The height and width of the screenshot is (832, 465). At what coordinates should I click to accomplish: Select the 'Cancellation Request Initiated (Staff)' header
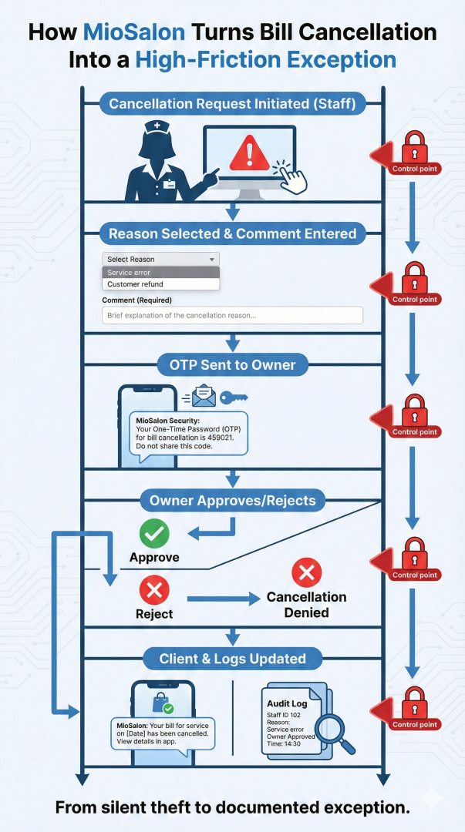coord(232,104)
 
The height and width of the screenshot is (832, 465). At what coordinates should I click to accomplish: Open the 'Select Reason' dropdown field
coord(160,260)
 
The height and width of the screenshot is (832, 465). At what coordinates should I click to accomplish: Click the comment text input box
coord(232,315)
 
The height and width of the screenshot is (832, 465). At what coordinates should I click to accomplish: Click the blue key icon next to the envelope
coord(233,398)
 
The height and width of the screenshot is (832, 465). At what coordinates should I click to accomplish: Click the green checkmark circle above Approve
coord(153,533)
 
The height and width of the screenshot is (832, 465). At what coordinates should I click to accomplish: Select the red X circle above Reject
coord(153,591)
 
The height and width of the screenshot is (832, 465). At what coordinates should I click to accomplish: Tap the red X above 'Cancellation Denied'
coord(306,572)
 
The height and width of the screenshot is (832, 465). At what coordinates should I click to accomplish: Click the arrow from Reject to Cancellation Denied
coord(221,598)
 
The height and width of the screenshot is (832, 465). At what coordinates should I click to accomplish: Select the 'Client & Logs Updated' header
coord(232,659)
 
